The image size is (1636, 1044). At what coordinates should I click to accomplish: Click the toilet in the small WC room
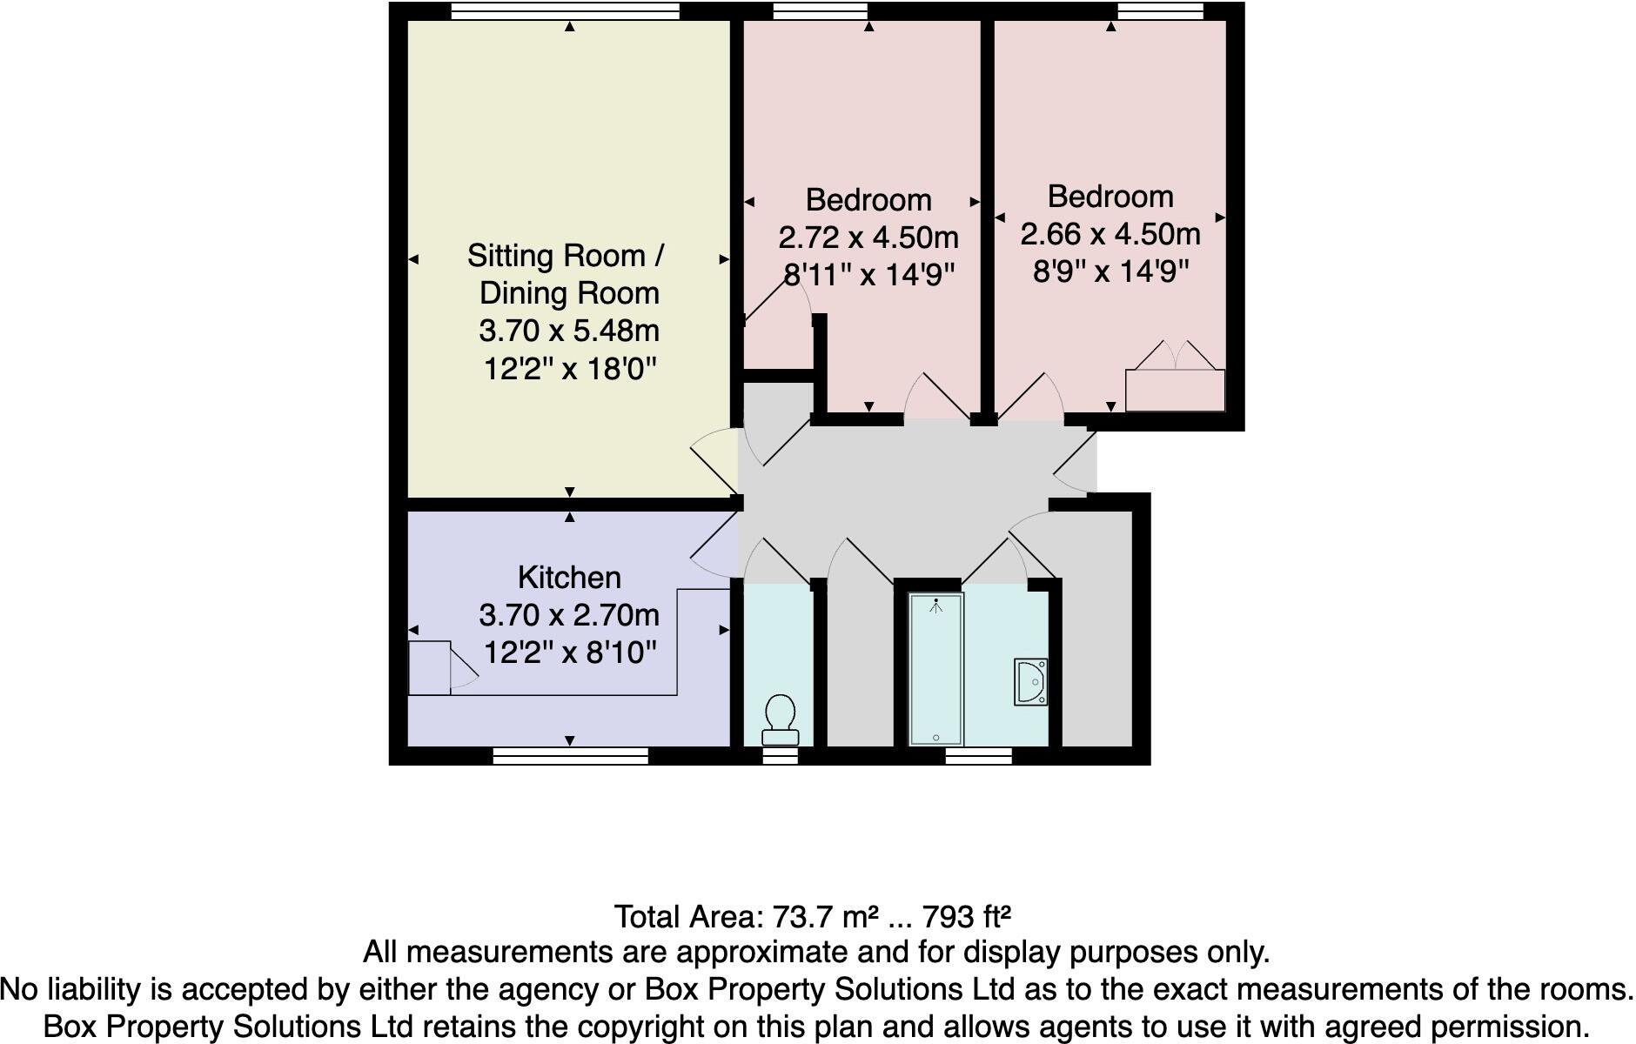coord(780,719)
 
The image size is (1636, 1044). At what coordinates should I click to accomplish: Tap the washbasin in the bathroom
coord(1031,681)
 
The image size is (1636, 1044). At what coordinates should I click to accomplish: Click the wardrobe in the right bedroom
coord(1175,390)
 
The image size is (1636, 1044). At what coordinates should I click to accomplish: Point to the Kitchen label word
coord(569,578)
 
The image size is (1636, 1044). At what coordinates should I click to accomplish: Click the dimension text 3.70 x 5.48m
coord(569,331)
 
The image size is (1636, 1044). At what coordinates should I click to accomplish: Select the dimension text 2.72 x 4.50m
coord(868,237)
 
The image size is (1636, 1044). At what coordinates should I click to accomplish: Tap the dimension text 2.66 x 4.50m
coord(1110,234)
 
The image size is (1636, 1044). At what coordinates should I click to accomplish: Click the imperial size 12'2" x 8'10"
coord(569,652)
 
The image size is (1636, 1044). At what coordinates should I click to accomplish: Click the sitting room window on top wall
coord(566,11)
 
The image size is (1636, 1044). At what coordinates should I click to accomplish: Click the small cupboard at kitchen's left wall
coord(429,667)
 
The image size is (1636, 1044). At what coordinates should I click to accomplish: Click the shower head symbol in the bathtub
coord(936,606)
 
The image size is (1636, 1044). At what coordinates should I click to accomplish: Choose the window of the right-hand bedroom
coord(1160,11)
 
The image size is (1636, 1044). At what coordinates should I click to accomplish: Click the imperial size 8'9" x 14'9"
coord(1110,272)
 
